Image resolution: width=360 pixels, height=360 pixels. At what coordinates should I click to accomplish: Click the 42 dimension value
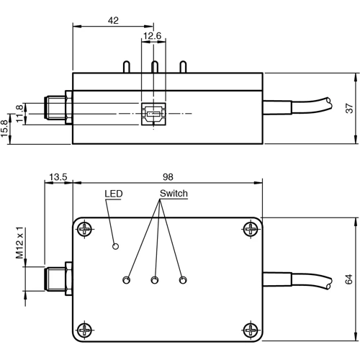(x=112, y=20)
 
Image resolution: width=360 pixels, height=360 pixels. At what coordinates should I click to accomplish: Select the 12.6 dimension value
(x=153, y=36)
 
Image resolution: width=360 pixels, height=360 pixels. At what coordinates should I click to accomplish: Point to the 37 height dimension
(x=349, y=108)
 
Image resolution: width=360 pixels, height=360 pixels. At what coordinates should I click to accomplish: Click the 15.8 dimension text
(x=6, y=127)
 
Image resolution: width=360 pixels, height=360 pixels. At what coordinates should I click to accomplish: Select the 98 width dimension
(x=168, y=176)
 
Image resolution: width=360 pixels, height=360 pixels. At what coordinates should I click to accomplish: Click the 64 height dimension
(x=349, y=278)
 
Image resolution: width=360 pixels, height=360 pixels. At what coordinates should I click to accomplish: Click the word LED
(x=114, y=194)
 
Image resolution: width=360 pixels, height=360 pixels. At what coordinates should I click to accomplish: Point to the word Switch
(x=174, y=194)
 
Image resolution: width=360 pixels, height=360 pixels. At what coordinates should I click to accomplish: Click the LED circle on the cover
(x=114, y=247)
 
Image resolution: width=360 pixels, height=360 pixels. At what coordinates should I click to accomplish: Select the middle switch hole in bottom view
(x=154, y=279)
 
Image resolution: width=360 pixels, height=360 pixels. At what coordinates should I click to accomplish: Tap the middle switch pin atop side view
(x=154, y=66)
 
